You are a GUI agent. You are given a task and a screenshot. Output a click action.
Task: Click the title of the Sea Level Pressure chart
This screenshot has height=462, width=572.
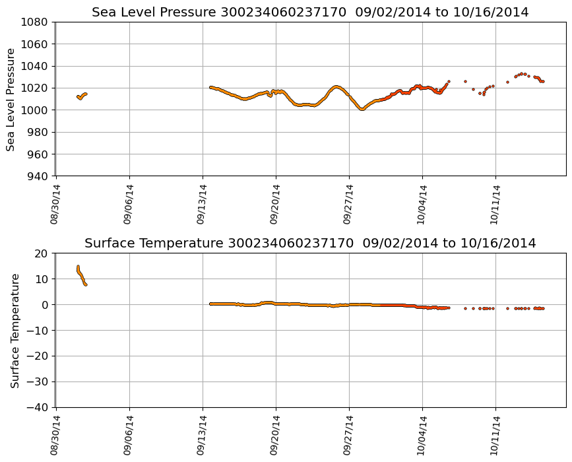tap(310, 12)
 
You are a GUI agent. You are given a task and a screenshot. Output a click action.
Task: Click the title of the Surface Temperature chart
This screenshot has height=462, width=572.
tap(310, 244)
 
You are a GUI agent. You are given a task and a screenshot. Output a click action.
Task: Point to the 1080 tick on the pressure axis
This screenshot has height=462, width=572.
tap(34, 22)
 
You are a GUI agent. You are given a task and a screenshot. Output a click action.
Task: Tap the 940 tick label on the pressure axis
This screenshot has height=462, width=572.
tap(36, 176)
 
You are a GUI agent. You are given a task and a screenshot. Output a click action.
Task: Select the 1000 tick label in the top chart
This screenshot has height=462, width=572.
tap(34, 110)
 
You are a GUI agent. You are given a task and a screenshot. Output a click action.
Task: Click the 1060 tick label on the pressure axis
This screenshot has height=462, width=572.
tap(34, 44)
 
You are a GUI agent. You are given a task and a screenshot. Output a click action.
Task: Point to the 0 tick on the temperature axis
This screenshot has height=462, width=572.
tap(45, 305)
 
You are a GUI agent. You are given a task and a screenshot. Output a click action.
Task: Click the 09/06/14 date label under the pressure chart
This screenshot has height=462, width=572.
tap(129, 204)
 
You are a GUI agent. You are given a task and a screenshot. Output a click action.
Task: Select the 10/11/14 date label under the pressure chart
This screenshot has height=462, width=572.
tap(495, 204)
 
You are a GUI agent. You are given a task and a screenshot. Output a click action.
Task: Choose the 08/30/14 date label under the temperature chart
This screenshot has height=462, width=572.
tap(55, 435)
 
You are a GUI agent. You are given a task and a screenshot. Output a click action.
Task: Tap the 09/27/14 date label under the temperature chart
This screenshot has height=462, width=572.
tap(349, 435)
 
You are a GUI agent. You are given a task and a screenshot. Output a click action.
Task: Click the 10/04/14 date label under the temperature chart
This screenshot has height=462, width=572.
tap(422, 435)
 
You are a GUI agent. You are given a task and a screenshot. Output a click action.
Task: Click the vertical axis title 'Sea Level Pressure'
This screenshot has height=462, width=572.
tap(11, 99)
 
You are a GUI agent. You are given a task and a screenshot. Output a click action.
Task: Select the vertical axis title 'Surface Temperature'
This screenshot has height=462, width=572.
tap(15, 330)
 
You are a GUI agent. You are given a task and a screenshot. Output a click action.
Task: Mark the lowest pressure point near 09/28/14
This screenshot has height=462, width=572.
tap(362, 109)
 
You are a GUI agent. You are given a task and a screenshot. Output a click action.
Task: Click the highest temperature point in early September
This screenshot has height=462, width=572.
tap(78, 267)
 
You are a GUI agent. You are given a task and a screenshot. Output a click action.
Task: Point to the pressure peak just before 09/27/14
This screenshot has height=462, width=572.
tap(336, 86)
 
